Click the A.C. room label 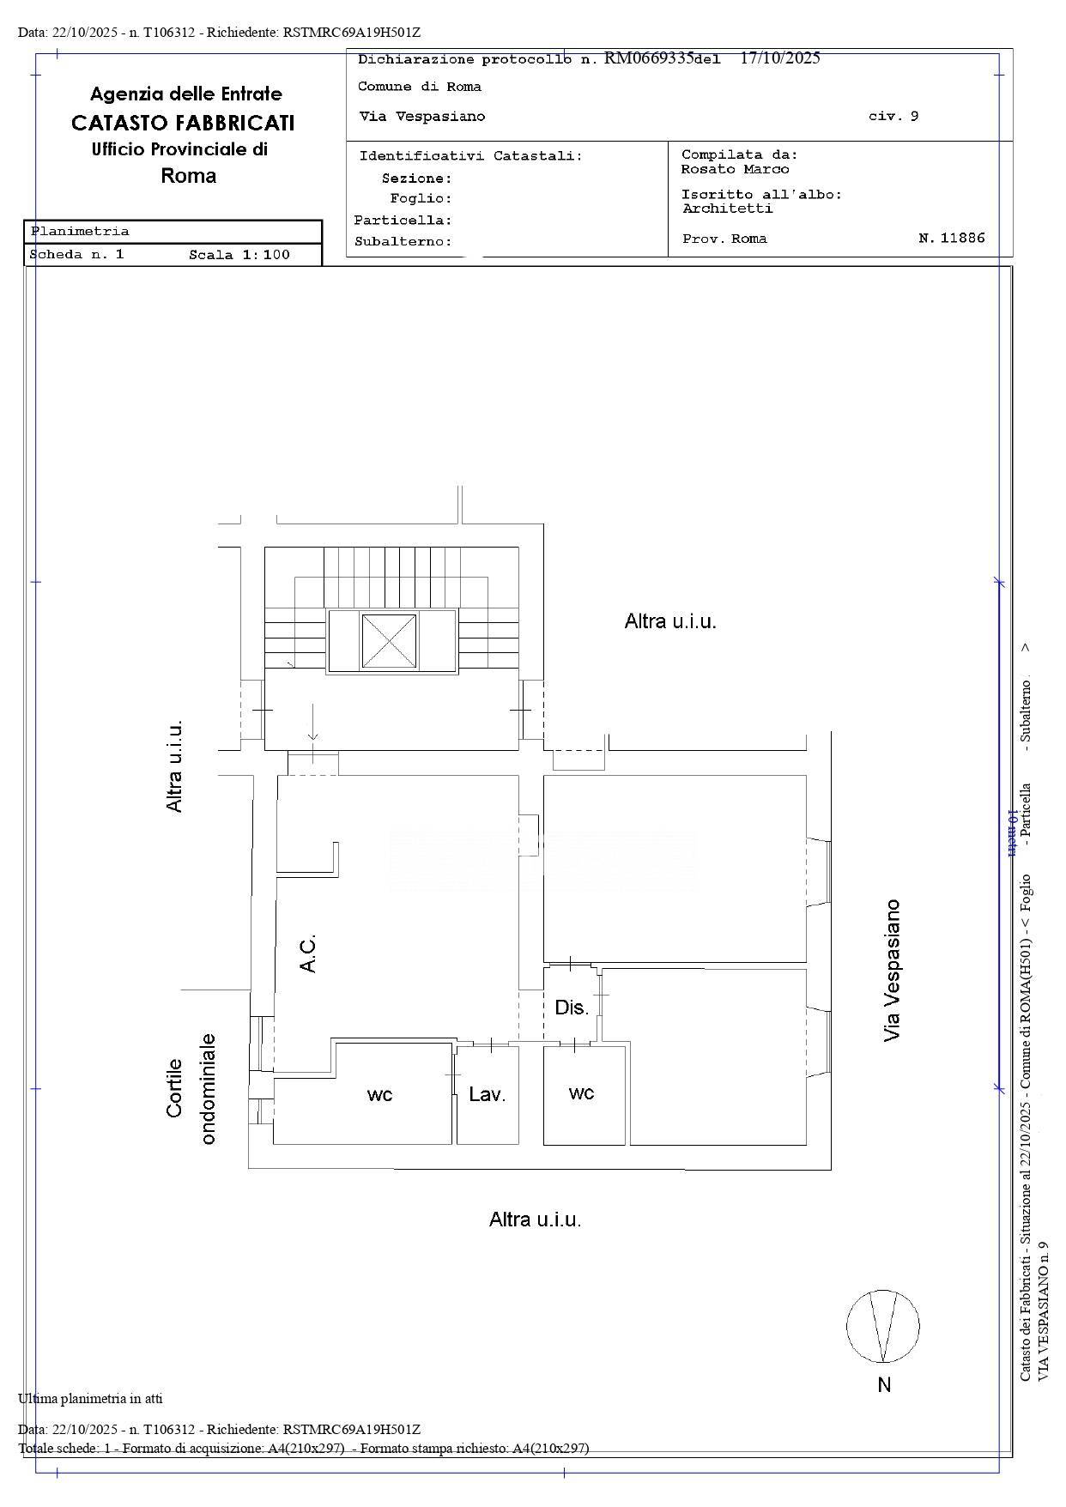click(x=308, y=953)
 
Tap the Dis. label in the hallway click(x=572, y=1008)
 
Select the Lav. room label click(x=487, y=1094)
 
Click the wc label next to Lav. click(x=379, y=1094)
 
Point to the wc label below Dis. click(x=581, y=1092)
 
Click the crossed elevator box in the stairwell click(x=389, y=640)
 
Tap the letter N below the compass click(x=884, y=1384)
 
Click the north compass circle click(x=883, y=1326)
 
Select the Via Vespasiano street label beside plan click(x=893, y=970)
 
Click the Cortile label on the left click(x=175, y=1087)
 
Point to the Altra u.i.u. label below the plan click(x=535, y=1220)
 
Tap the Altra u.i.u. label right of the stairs click(x=669, y=621)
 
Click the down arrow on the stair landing click(x=313, y=723)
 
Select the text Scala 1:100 click(x=239, y=255)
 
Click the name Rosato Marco click(x=735, y=169)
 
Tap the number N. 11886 click(x=951, y=239)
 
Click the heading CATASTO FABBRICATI click(x=183, y=123)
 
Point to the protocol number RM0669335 click(x=648, y=58)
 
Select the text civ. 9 click(x=893, y=116)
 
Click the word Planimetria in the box click(x=80, y=231)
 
